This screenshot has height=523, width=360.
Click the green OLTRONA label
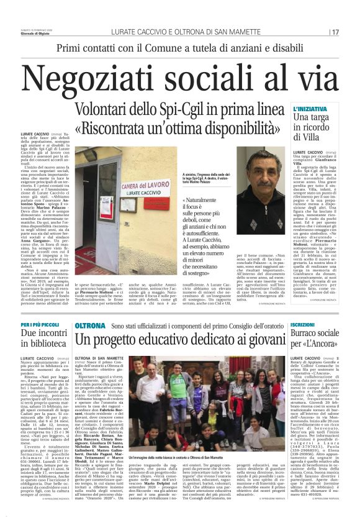91,325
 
